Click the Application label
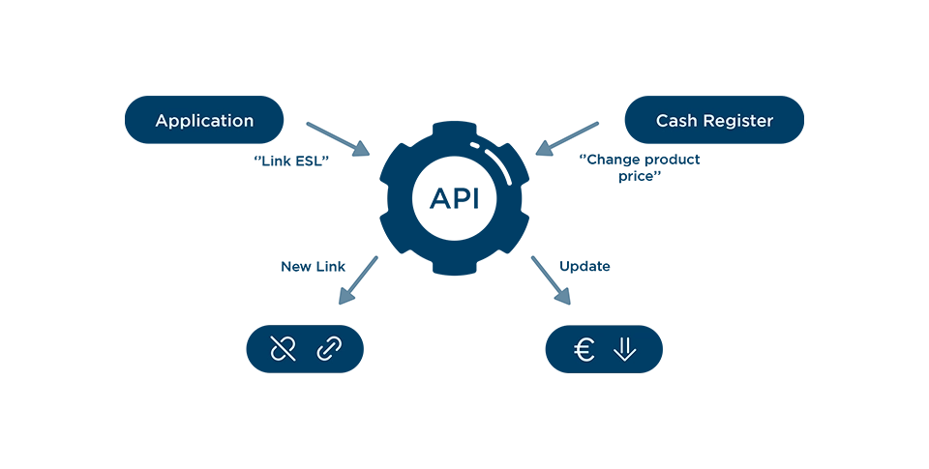[x=204, y=121]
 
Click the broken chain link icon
[x=283, y=348]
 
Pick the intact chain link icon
[x=329, y=348]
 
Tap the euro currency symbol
[x=584, y=349]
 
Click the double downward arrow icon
[x=625, y=349]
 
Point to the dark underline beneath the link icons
[x=301, y=376]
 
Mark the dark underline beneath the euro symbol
[x=603, y=376]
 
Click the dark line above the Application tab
[x=204, y=95]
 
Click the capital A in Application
[x=162, y=121]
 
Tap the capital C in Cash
[x=662, y=121]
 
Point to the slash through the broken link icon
[x=283, y=348]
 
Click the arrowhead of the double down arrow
[x=625, y=356]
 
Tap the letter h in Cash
[x=692, y=121]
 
